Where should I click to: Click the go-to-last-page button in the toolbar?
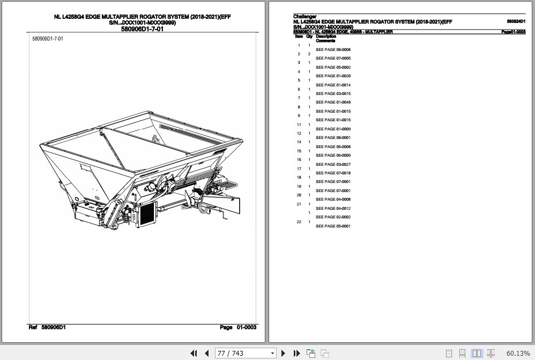point(296,353)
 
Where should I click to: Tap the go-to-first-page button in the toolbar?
point(195,353)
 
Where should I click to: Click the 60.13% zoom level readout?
point(518,353)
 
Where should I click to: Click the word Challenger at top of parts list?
point(305,17)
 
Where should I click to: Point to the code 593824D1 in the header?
point(516,21)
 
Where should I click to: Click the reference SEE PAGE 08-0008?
point(333,49)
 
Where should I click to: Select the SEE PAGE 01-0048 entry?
point(333,102)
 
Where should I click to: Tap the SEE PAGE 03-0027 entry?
point(333,164)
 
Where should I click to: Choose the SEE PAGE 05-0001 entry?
point(333,226)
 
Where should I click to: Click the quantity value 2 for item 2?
point(309,54)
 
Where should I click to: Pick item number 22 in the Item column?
point(299,222)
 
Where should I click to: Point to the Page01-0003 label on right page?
point(513,32)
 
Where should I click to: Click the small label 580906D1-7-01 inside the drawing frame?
point(48,39)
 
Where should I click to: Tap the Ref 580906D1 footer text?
point(47,327)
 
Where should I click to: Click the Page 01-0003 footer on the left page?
point(238,327)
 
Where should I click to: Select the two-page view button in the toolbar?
point(476,353)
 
